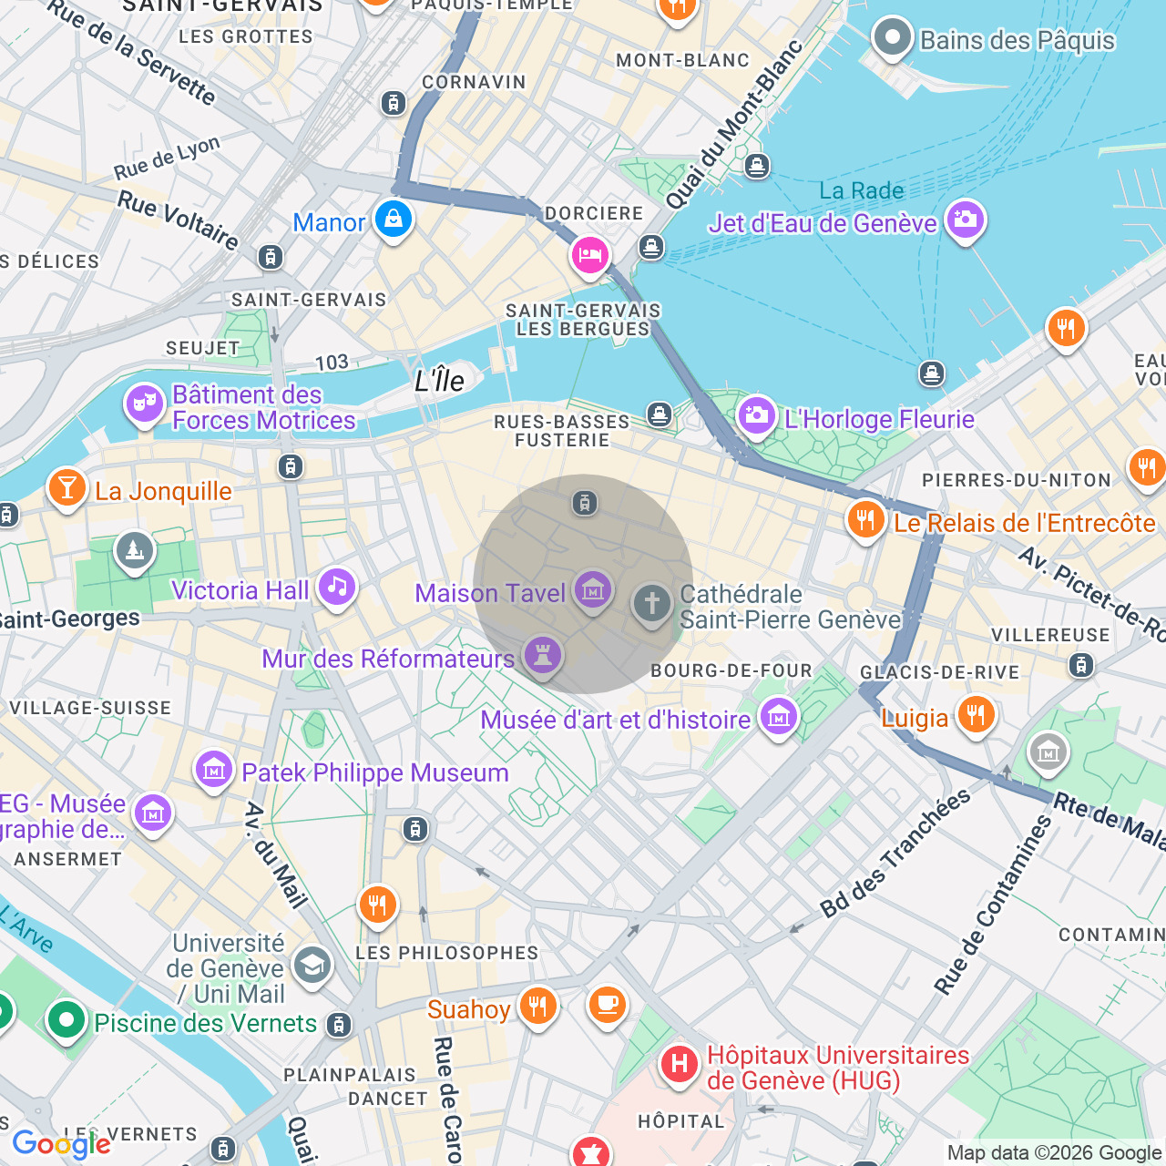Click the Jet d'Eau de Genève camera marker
(965, 220)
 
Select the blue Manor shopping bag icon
(394, 220)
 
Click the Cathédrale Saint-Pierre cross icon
(651, 603)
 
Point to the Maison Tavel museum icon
(593, 590)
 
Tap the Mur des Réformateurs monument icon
(542, 655)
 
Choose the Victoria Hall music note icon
(337, 587)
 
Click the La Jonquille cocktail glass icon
(66, 487)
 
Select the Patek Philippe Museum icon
(214, 770)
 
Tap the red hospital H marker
(679, 1064)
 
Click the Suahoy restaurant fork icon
(538, 1006)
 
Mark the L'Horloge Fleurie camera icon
(756, 415)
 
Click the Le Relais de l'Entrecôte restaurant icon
(865, 519)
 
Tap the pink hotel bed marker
(589, 255)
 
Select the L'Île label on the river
(439, 381)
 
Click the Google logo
(61, 1144)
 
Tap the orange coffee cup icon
(607, 1005)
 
